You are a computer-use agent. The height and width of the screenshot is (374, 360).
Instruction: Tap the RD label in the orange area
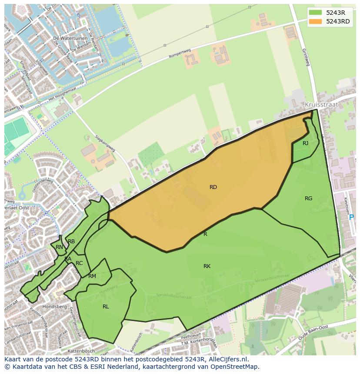213,187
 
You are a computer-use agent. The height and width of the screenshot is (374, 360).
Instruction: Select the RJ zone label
305,143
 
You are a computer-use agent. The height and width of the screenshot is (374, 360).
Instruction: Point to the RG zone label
308,199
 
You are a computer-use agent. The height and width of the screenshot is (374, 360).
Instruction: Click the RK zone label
207,266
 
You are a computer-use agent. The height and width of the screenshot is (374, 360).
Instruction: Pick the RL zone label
106,307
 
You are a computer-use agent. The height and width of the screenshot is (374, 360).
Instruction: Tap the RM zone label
92,276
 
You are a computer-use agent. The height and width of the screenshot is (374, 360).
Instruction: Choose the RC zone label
79,263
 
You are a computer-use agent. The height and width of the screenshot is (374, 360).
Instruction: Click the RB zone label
71,242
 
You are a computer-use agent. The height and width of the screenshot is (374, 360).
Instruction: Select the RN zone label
59,247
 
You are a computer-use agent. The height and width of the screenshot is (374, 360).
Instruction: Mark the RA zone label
68,259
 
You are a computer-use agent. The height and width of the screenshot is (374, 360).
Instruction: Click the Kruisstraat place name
321,105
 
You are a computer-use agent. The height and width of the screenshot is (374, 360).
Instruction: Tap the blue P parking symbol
351,217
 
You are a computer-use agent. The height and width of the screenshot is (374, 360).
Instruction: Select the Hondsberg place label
55,307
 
